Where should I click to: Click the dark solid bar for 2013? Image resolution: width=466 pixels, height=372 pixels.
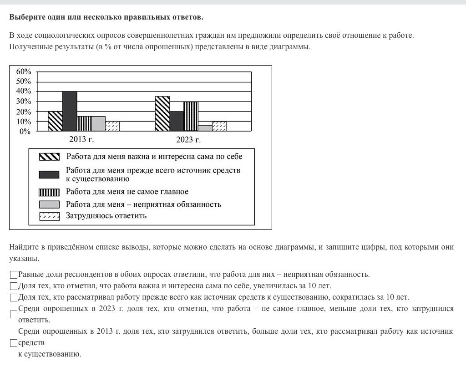point(70,111)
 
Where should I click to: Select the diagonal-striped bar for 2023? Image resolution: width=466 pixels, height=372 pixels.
point(162,114)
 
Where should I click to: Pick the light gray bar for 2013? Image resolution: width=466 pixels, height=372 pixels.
point(98,124)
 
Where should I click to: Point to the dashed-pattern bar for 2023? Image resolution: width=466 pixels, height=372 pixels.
point(219,126)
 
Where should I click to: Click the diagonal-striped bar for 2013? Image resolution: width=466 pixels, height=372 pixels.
point(56,121)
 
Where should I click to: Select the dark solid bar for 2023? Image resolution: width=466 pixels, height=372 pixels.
point(177,121)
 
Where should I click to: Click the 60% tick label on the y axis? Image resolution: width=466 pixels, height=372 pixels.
point(24,71)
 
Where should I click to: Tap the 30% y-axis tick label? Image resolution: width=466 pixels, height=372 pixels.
point(24,102)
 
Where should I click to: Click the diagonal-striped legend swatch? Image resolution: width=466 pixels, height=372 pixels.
point(49,157)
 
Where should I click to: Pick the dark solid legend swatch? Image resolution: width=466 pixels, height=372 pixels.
point(49,174)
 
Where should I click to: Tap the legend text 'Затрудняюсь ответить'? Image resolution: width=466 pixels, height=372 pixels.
point(106,215)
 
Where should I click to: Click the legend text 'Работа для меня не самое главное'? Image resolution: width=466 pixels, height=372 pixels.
point(127,192)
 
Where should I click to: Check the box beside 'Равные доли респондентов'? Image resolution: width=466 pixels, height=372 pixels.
point(14,275)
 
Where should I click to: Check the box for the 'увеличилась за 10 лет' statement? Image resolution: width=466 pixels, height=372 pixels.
point(14,286)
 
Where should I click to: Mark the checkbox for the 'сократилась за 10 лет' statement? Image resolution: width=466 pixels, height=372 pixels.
point(14,298)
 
